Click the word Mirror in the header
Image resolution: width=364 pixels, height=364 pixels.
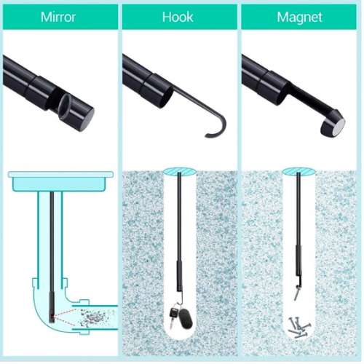[x=58, y=17]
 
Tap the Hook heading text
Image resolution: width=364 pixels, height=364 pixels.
[x=178, y=17]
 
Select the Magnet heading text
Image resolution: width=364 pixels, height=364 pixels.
[x=299, y=17]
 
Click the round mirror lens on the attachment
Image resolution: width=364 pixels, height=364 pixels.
[x=64, y=106]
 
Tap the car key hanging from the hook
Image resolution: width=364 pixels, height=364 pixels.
[x=173, y=315]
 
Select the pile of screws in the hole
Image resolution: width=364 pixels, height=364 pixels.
[x=298, y=327]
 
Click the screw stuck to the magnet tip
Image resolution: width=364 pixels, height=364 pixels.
[x=296, y=293]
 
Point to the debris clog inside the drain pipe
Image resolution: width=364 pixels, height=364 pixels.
[x=93, y=317]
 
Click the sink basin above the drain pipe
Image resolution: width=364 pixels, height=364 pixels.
[x=60, y=181]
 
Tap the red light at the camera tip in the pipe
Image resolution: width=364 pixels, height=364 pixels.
[x=52, y=316]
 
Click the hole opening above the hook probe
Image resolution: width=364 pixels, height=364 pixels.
[x=180, y=172]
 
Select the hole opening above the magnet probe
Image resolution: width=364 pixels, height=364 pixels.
[x=298, y=172]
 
